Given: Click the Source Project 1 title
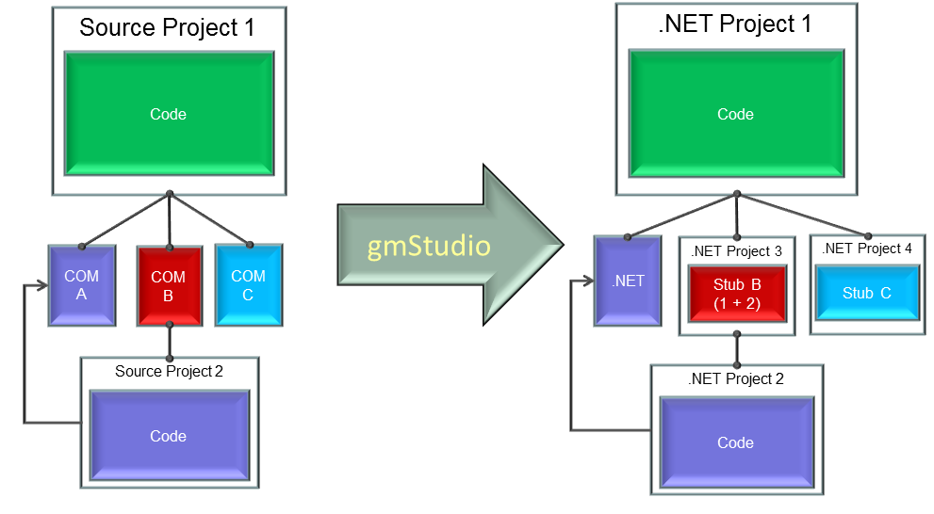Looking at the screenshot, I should click(167, 27).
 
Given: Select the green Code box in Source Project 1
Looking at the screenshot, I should click(169, 114).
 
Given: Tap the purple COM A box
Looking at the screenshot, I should click(82, 285).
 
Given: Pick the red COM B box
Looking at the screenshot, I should click(169, 285).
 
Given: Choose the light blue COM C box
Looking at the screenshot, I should click(248, 285).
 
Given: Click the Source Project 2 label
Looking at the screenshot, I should click(169, 371).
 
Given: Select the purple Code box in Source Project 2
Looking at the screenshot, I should click(169, 437).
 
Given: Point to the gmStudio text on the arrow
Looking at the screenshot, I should click(430, 248).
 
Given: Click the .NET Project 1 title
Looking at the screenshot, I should click(735, 24).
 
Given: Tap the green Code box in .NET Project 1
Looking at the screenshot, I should click(735, 114).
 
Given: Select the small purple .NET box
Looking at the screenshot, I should click(628, 281).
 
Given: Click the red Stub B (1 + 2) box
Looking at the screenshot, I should click(736, 294).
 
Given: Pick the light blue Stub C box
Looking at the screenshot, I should click(866, 293).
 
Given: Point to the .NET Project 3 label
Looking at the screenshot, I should click(736, 251).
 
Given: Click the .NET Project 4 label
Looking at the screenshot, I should click(866, 249).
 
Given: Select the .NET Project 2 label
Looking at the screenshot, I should click(736, 378).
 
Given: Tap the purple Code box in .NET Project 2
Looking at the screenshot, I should click(736, 442).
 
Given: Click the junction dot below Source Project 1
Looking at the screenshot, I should click(170, 195).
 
